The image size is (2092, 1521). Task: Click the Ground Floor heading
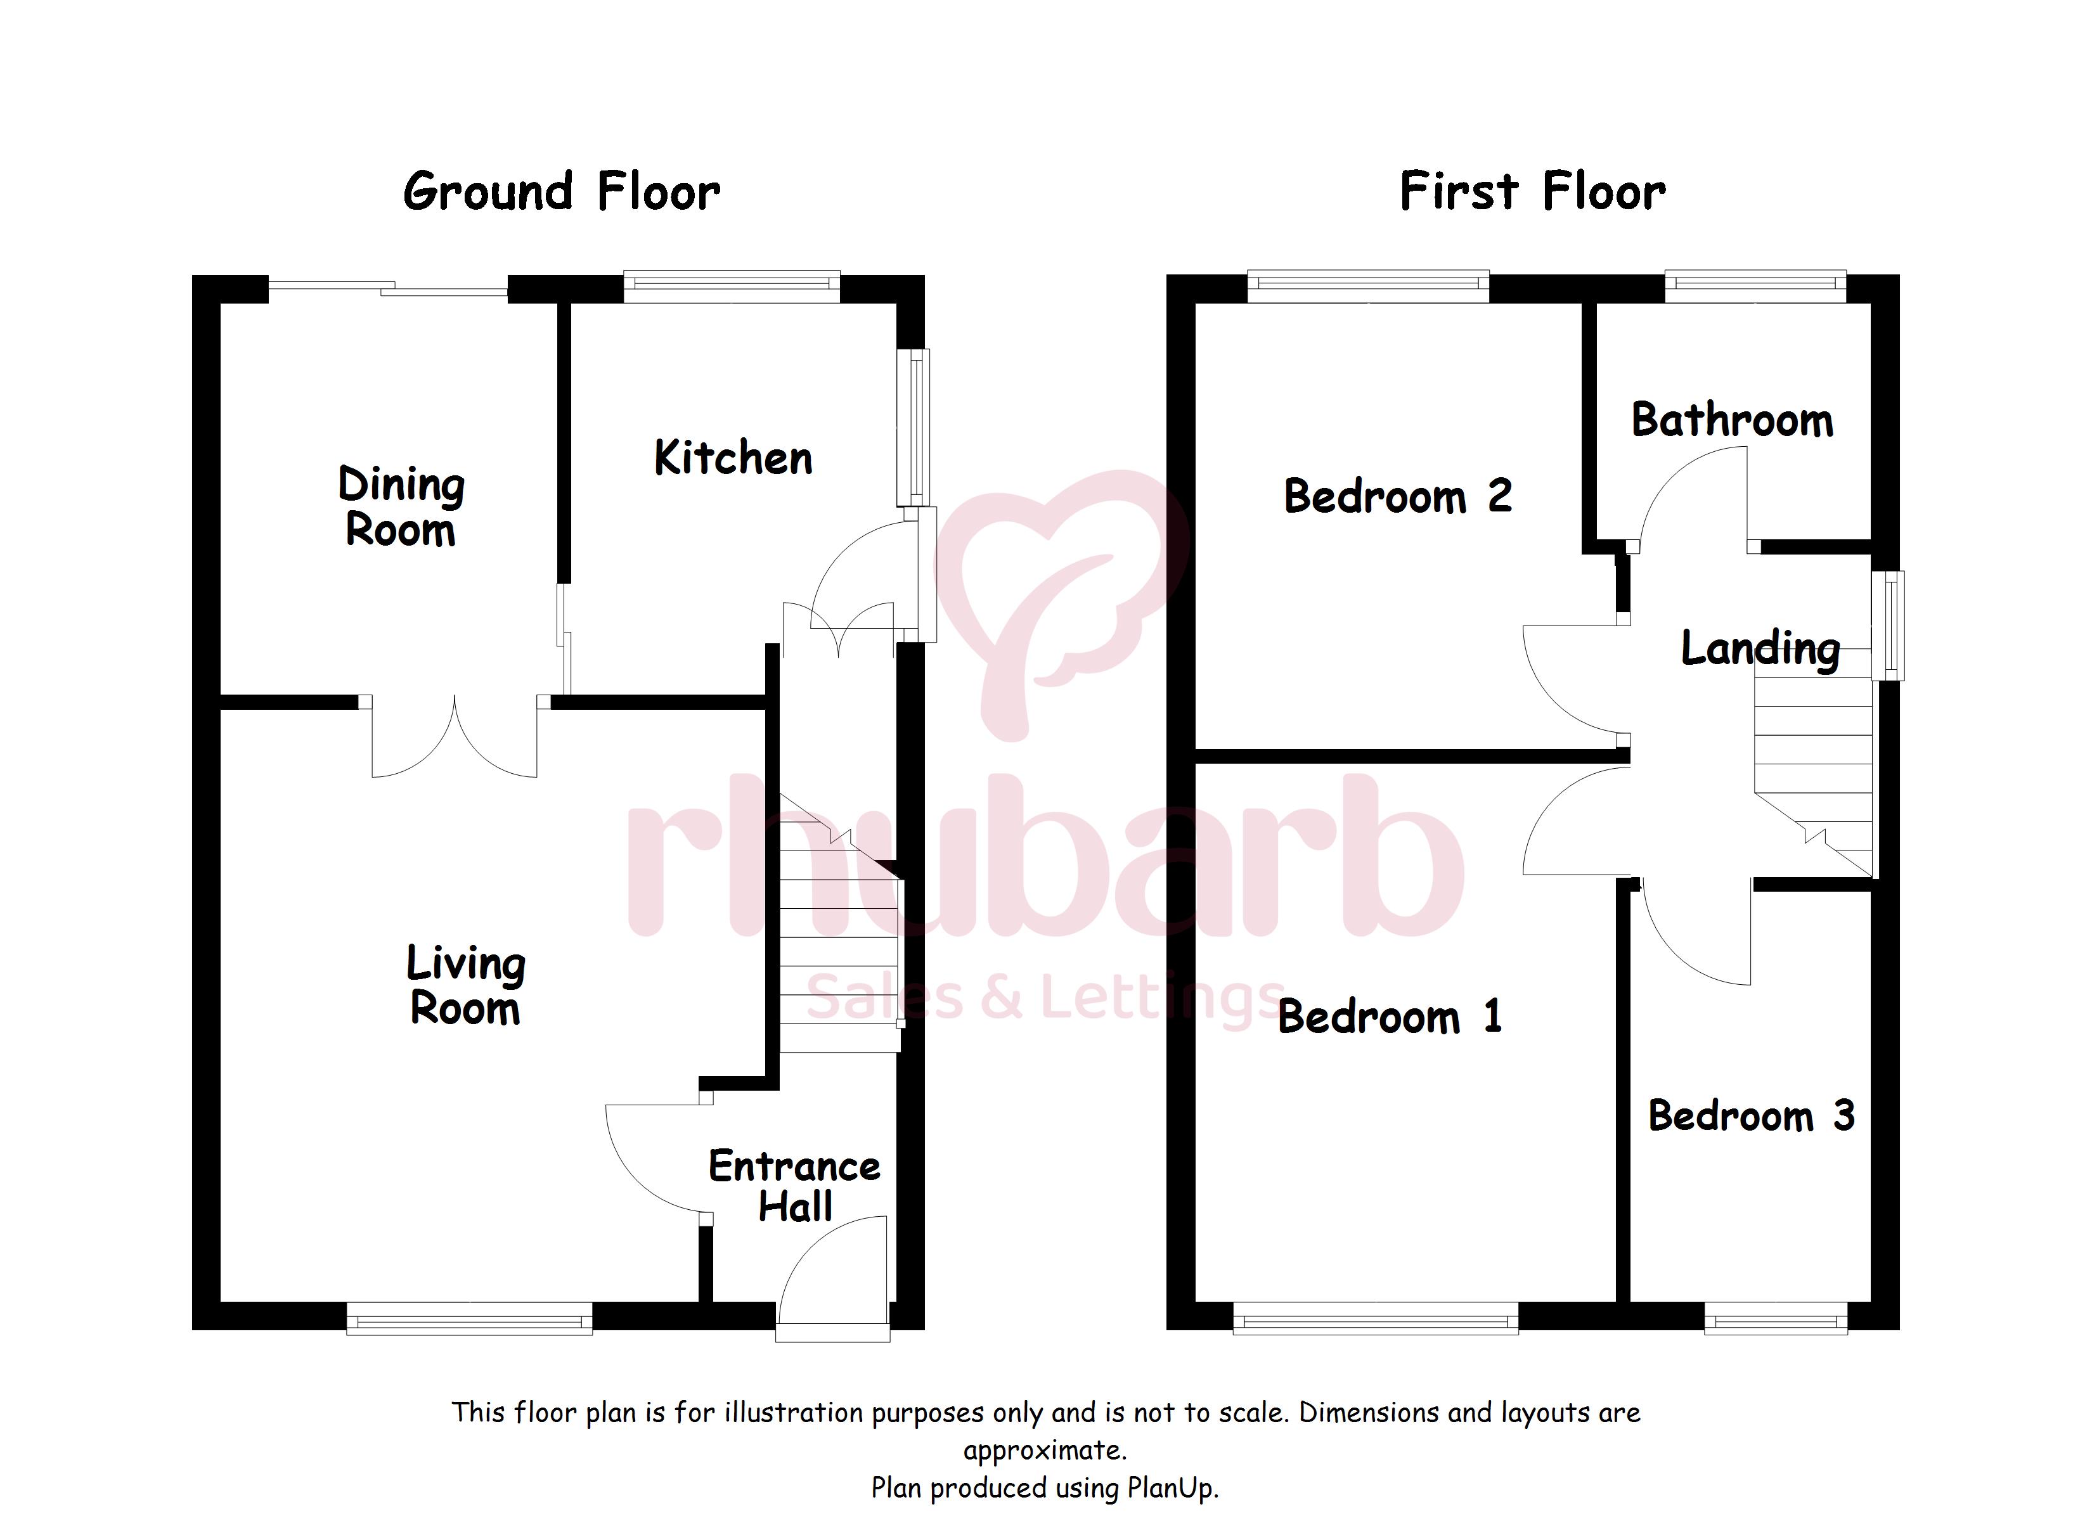pyautogui.click(x=562, y=193)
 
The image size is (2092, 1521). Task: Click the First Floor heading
pyautogui.click(x=1533, y=192)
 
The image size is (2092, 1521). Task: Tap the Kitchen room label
pyautogui.click(x=733, y=458)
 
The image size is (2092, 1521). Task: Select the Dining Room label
pyautogui.click(x=401, y=506)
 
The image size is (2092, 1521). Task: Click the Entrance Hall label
pyautogui.click(x=794, y=1186)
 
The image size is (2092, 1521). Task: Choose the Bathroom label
pyautogui.click(x=1733, y=421)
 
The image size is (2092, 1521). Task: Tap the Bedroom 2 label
pyautogui.click(x=1397, y=496)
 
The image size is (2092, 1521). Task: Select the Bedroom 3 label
pyautogui.click(x=1752, y=1115)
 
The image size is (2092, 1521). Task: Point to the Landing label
pyautogui.click(x=1760, y=648)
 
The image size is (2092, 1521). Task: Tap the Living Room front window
pyautogui.click(x=470, y=1319)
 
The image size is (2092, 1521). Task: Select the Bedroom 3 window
pyautogui.click(x=1776, y=1319)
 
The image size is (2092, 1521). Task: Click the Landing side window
pyautogui.click(x=1887, y=626)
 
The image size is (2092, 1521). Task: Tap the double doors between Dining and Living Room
pyautogui.click(x=455, y=738)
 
